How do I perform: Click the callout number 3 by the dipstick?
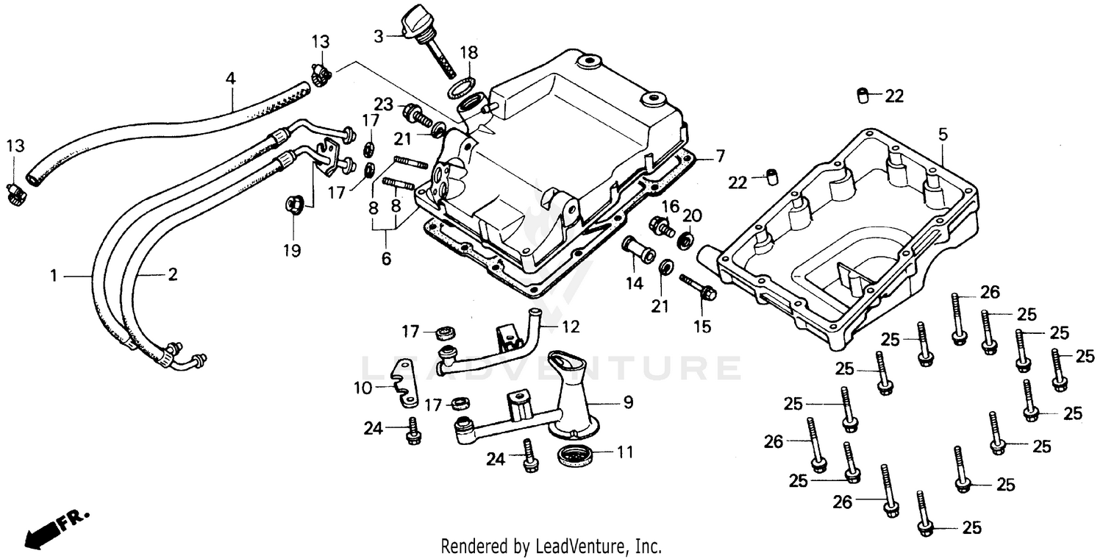click(x=379, y=35)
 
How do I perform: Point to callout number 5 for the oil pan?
click(x=943, y=135)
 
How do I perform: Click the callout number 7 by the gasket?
click(x=720, y=156)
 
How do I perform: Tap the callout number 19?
click(x=292, y=251)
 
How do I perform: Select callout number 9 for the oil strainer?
click(x=627, y=402)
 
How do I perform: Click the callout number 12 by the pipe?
click(x=571, y=326)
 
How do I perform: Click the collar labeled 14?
click(x=638, y=252)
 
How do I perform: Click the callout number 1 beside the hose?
click(x=53, y=276)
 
